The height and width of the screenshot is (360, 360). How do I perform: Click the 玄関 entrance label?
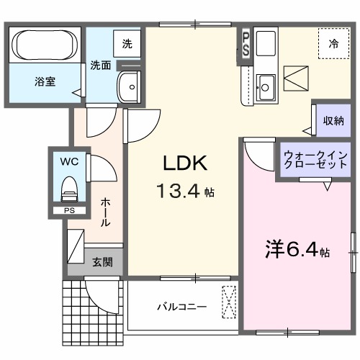(102, 263)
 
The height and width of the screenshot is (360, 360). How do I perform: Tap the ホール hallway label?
(105, 212)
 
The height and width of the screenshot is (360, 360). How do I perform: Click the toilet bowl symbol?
(69, 188)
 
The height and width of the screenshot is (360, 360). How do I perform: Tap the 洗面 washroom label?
(100, 66)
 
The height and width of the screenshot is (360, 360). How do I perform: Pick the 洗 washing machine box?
(127, 44)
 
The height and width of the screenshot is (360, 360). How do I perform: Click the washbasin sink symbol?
(130, 86)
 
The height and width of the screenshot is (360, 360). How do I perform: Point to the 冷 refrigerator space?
(333, 44)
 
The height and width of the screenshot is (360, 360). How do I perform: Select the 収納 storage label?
(333, 120)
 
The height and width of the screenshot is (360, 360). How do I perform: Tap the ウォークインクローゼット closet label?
(314, 161)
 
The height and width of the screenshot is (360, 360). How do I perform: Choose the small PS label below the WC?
(69, 210)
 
